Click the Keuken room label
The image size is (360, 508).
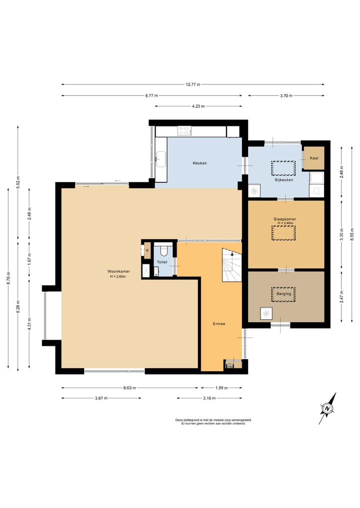pyautogui.click(x=199, y=163)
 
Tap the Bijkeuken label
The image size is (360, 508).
pyautogui.click(x=284, y=180)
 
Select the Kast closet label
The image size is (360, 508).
pyautogui.click(x=314, y=158)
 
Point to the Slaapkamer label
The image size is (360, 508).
pyautogui.click(x=285, y=219)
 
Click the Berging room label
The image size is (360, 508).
pyautogui.click(x=283, y=294)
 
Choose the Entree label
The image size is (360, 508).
pyautogui.click(x=219, y=324)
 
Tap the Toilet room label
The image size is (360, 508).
pyautogui.click(x=162, y=262)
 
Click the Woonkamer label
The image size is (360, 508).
pyautogui.click(x=118, y=272)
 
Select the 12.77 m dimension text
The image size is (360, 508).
pyautogui.click(x=193, y=84)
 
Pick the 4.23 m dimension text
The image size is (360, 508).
pyautogui.click(x=198, y=106)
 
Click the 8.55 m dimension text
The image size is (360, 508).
pyautogui.click(x=352, y=234)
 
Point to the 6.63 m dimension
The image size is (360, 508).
pyautogui.click(x=129, y=388)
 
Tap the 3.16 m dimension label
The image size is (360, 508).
pyautogui.click(x=209, y=398)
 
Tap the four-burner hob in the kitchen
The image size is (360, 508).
pyautogui.click(x=184, y=131)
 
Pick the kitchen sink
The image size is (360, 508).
pyautogui.click(x=160, y=159)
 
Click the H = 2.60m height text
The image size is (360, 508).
pyautogui.click(x=117, y=277)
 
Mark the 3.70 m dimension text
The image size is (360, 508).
pyautogui.click(x=286, y=95)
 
